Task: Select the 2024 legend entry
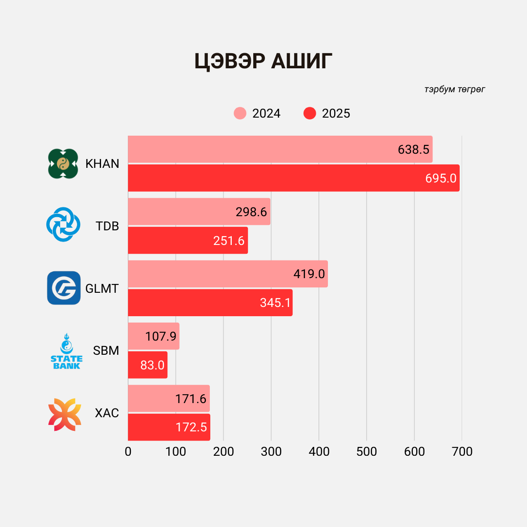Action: point(258,113)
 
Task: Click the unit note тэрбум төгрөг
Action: point(455,89)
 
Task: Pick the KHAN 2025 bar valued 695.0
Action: point(293,178)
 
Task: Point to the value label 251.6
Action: point(229,241)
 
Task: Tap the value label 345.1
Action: point(276,303)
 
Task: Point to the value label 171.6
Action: point(191,399)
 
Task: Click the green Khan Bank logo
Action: point(63,163)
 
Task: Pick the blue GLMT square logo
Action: point(64,288)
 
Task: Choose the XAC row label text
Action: point(107,413)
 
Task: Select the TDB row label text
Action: point(107,226)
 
